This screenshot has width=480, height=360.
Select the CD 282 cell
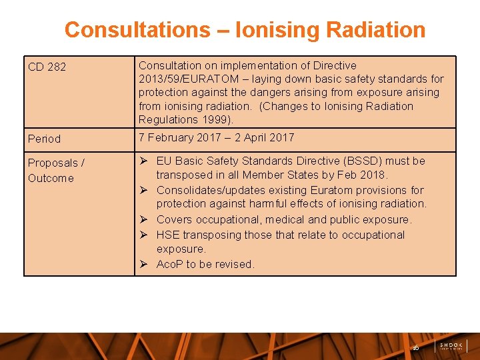47,67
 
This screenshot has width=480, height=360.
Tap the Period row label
44,139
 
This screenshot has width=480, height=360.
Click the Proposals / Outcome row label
56,169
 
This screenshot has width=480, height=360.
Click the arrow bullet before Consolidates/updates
143,190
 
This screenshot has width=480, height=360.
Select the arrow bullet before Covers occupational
143,219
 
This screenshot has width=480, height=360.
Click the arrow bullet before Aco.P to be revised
143,264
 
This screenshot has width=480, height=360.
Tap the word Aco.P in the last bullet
170,264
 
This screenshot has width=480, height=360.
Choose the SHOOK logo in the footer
451,346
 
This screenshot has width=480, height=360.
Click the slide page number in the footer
416,347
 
